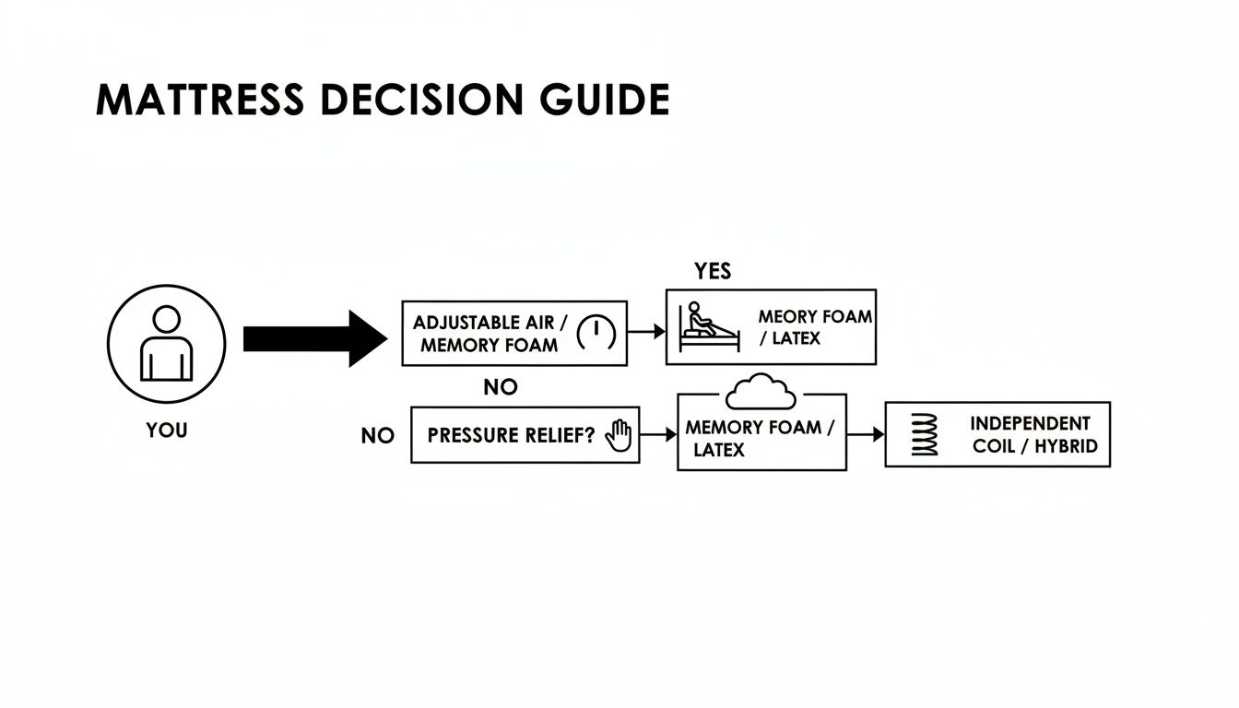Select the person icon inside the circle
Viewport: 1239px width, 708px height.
click(x=167, y=344)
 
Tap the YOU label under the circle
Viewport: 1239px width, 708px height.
click(x=166, y=431)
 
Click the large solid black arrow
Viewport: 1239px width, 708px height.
click(x=314, y=339)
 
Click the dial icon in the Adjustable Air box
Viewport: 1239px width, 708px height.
click(x=596, y=333)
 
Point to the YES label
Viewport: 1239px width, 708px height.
click(x=713, y=271)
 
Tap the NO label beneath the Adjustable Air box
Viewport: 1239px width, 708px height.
click(x=501, y=388)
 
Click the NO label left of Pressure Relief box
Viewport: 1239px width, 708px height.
click(x=377, y=436)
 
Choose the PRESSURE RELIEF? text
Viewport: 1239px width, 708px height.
click(x=511, y=435)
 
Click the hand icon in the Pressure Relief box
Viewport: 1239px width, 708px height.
click(x=619, y=434)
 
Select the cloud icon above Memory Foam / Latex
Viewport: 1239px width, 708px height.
click(x=761, y=394)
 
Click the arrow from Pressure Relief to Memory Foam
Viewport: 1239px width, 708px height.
click(x=657, y=434)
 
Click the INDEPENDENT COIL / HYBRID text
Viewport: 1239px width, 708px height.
click(x=1031, y=434)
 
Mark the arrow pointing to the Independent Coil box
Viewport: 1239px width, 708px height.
click(x=866, y=434)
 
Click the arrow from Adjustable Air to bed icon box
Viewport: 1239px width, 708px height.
click(x=646, y=331)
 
